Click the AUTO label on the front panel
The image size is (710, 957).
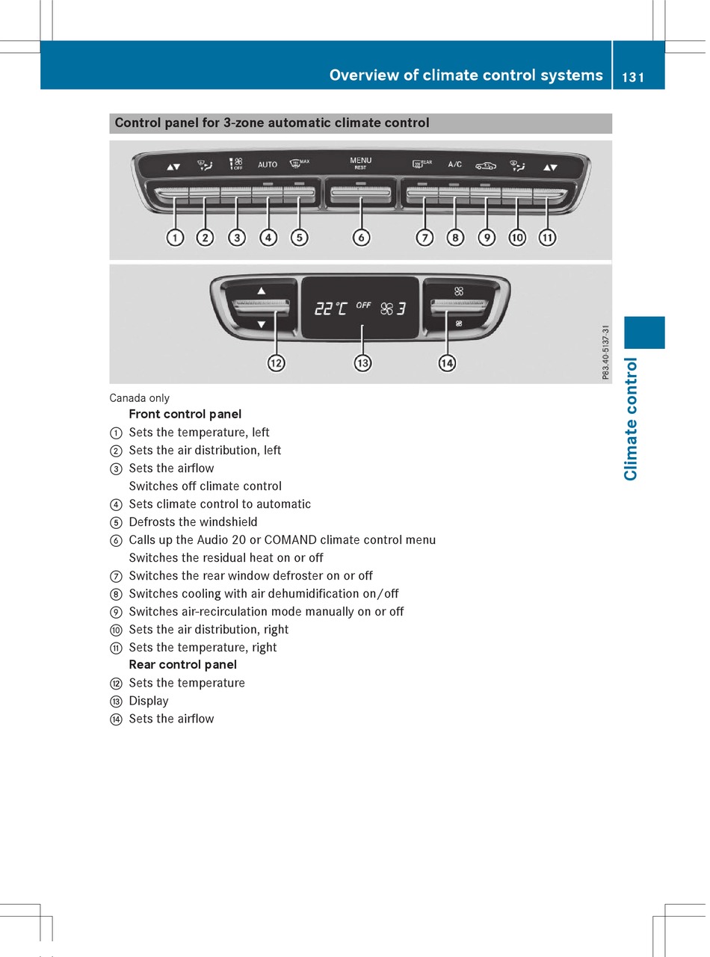(268, 164)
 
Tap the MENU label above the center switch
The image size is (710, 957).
(360, 160)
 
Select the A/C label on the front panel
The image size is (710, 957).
(454, 164)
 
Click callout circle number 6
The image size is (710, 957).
(361, 238)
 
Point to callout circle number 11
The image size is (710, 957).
(548, 238)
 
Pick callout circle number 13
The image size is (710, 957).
(362, 363)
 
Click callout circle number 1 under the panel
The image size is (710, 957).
(175, 238)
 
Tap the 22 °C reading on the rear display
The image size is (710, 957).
(330, 308)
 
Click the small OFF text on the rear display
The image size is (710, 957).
(363, 305)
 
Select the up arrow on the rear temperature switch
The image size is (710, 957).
(262, 290)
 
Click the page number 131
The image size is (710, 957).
(632, 76)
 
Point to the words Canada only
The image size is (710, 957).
(140, 398)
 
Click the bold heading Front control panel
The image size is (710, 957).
(185, 414)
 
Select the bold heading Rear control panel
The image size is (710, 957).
(183, 665)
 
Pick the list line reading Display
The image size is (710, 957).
(149, 701)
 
